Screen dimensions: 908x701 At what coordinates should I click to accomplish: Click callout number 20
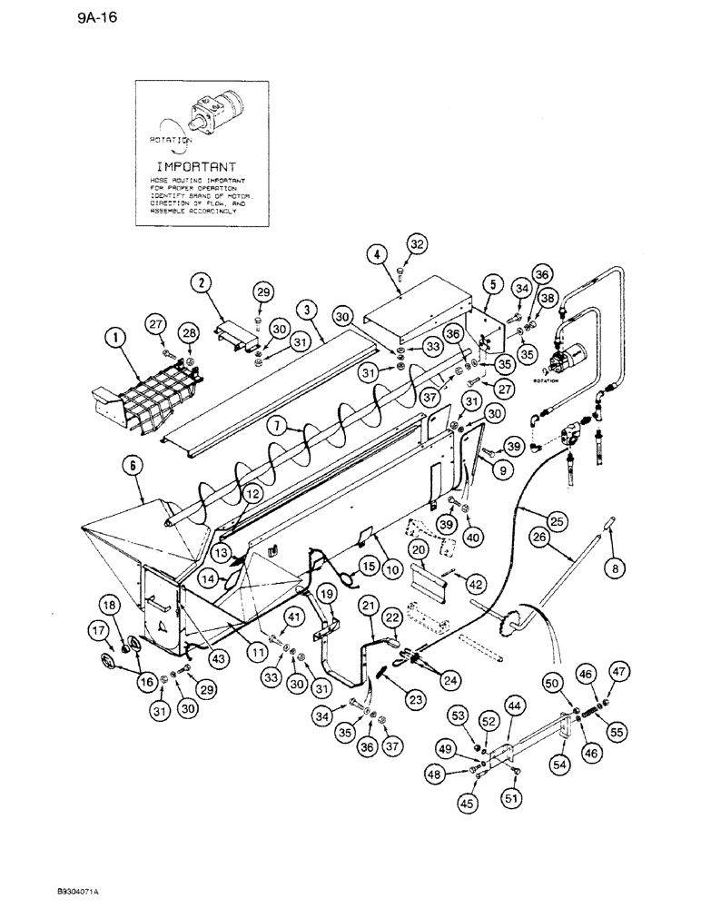[419, 552]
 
